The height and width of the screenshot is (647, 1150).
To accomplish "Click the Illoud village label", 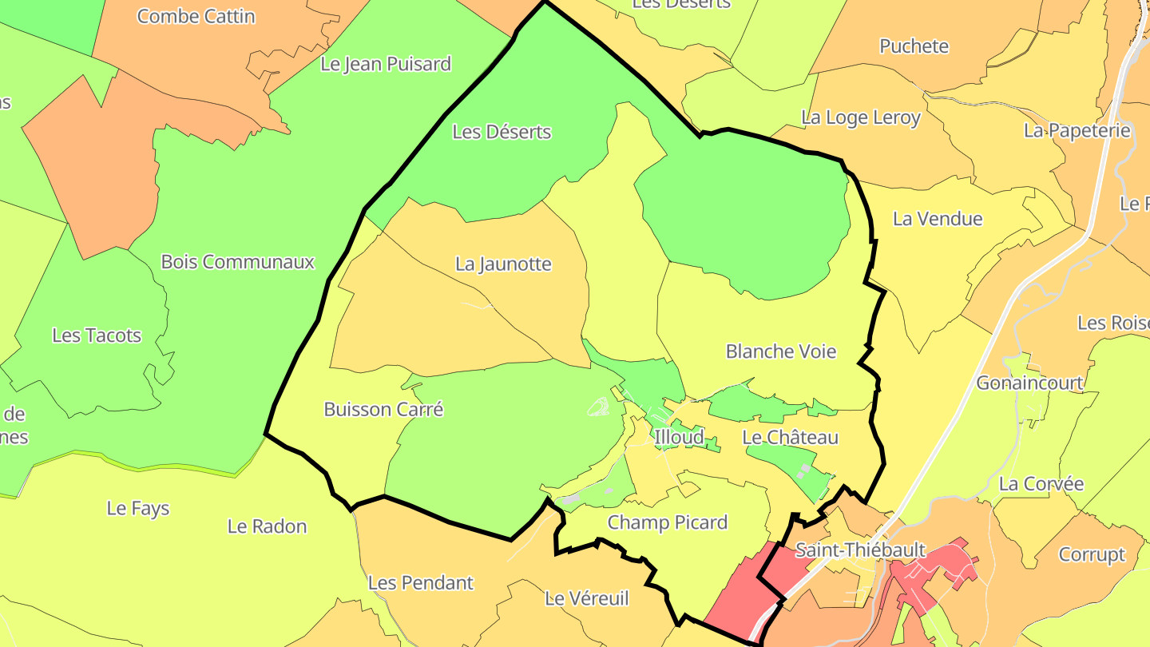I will point(679,437).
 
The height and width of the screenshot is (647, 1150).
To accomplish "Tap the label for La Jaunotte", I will point(503,264).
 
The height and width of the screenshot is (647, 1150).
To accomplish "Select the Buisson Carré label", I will point(383,410).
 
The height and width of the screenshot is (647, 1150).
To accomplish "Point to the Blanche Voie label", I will point(780,351).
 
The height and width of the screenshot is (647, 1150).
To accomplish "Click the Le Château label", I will point(790,438).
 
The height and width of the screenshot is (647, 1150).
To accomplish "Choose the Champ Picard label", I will point(668,522).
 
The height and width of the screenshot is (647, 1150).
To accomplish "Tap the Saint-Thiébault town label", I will point(860,550).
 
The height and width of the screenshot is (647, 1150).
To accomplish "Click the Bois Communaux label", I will point(238,262).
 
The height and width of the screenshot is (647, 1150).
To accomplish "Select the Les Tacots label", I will point(97,335).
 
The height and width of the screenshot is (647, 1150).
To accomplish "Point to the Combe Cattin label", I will point(196,16).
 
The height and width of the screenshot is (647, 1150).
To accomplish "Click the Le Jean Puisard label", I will point(386,64).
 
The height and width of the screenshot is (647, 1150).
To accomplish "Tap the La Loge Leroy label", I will point(861,118).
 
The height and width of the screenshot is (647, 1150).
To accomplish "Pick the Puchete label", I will point(914,46).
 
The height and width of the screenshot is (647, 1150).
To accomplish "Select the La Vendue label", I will point(938,219).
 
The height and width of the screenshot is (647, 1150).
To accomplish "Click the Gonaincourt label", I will point(1029,383).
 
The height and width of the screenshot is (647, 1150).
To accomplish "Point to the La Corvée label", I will point(1041,484).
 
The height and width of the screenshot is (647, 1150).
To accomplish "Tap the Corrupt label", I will point(1092,554).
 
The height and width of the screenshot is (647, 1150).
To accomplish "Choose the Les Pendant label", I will point(421,583).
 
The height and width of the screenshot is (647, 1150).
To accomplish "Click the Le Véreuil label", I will point(587,598).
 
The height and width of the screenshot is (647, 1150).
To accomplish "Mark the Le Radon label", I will point(267,526).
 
